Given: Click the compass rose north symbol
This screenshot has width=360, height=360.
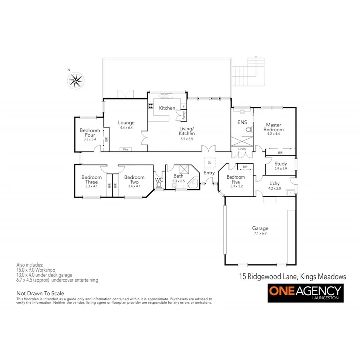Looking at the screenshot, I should point(75,80).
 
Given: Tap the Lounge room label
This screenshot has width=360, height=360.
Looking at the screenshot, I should point(126,123).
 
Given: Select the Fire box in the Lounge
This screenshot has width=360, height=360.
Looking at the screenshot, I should point(126,149).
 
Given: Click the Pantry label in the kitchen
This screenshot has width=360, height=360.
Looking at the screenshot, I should point(184,115).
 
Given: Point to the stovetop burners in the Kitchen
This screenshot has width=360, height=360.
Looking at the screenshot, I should point(151,106).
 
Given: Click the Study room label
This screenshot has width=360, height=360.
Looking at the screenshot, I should point(281,164).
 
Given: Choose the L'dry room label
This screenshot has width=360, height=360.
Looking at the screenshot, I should point(275,184).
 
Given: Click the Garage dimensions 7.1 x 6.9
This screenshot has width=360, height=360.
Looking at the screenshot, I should point(260,233).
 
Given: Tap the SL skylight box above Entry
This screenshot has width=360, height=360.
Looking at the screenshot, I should point(209,163).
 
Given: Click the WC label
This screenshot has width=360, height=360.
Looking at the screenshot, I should point(160,180).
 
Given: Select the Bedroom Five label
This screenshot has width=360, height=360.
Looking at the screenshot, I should point(236,179).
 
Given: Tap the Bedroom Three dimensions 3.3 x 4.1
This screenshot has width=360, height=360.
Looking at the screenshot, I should point(91,186).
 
